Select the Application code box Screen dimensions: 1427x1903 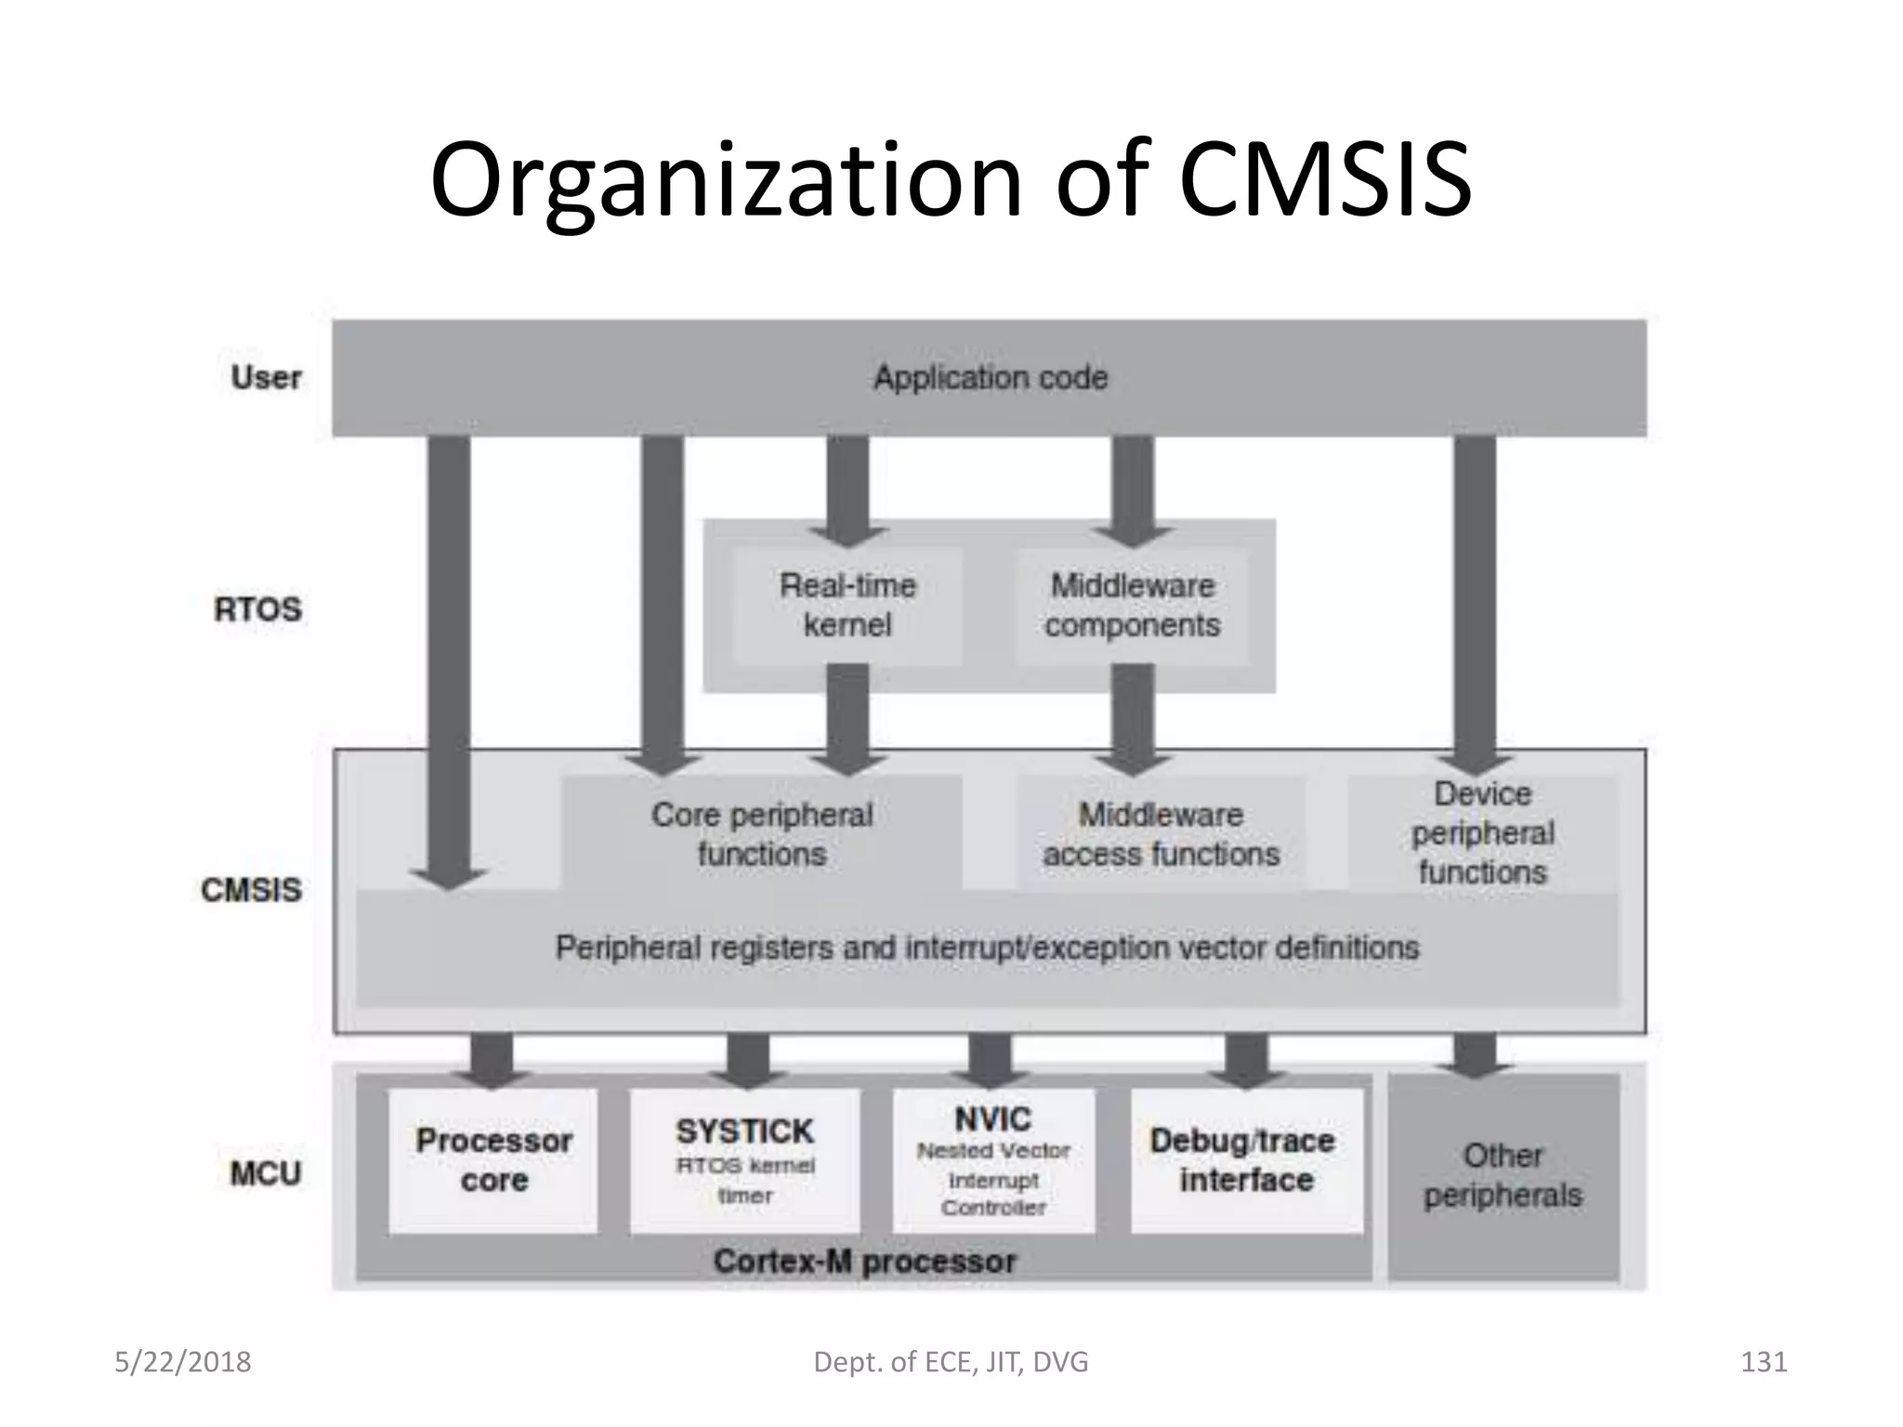(x=990, y=378)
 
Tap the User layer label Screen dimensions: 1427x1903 (x=266, y=378)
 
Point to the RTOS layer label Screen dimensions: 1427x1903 (x=257, y=609)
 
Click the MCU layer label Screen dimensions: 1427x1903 (x=265, y=1173)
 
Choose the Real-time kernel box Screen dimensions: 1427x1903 (x=847, y=606)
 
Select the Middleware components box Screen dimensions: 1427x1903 (x=1132, y=606)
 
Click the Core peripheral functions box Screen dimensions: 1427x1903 (x=762, y=834)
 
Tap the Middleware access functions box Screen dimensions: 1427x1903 (x=1161, y=834)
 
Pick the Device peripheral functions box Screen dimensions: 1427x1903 (x=1482, y=833)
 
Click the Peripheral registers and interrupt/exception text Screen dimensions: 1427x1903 (x=987, y=949)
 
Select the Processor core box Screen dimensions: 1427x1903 (x=493, y=1160)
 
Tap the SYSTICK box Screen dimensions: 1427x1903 (x=745, y=1160)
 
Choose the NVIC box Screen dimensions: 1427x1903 (x=993, y=1160)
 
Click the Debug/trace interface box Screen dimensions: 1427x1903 (x=1245, y=1160)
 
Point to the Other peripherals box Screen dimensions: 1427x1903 (x=1503, y=1175)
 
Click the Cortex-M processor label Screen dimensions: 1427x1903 (x=864, y=1262)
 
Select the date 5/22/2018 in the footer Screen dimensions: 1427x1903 (x=183, y=1362)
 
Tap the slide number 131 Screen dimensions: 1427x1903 (x=1763, y=1362)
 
